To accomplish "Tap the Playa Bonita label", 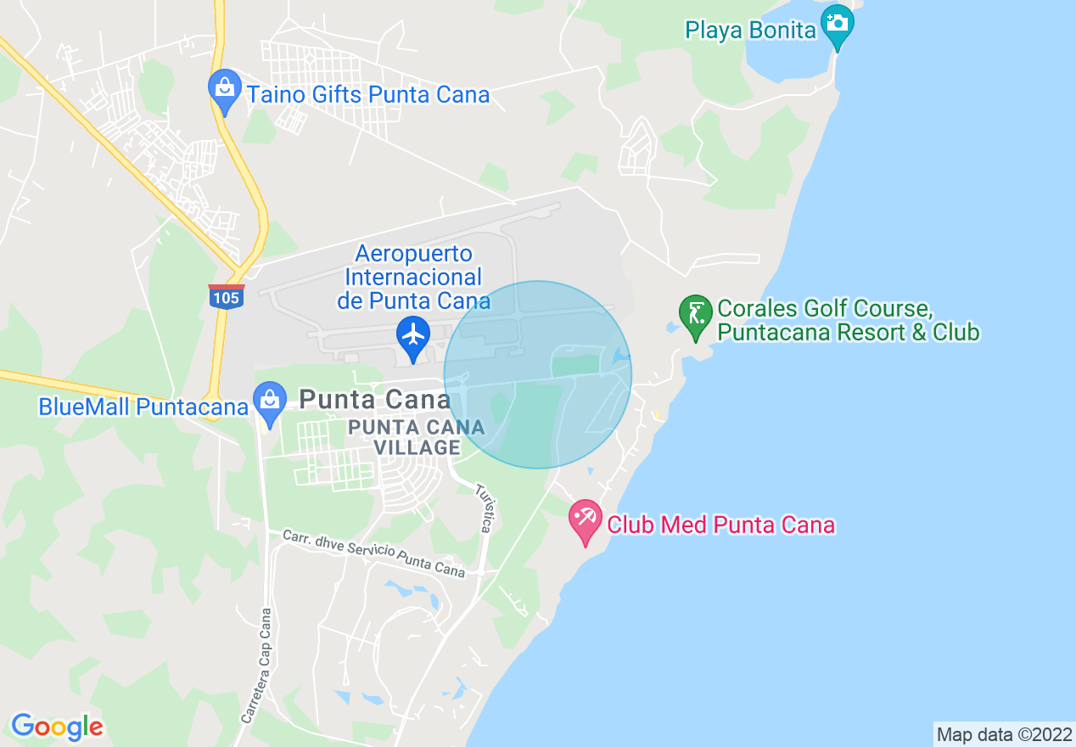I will click(750, 31).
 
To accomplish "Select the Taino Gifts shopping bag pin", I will click(224, 89).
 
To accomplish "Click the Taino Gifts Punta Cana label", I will click(368, 94).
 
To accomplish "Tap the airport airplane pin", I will click(413, 336).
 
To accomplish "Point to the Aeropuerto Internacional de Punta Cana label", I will click(413, 277).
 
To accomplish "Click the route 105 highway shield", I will click(226, 296).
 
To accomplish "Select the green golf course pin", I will click(695, 315).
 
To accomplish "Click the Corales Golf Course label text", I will click(849, 320).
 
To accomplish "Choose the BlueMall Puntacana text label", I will click(143, 407).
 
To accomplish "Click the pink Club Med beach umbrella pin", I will click(585, 520).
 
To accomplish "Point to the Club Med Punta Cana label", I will click(720, 525).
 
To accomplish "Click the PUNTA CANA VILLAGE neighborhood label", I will click(417, 437).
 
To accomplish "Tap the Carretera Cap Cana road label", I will click(255, 666).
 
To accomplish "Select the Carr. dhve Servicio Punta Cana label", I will click(373, 553).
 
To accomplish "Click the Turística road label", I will click(484, 508).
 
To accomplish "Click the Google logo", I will click(57, 727).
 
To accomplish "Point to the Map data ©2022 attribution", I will click(1004, 734).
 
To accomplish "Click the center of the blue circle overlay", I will click(538, 374).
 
